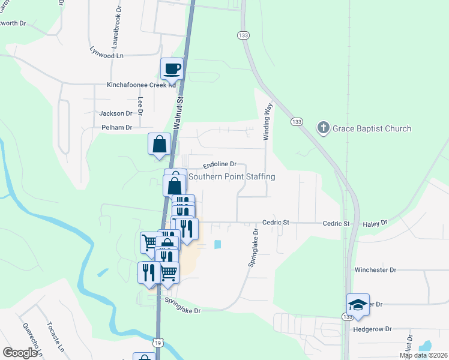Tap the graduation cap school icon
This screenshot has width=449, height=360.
click(358, 305)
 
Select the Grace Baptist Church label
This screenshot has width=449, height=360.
click(373, 128)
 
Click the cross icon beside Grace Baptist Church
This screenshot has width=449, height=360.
click(324, 128)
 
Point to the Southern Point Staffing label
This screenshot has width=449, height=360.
click(232, 177)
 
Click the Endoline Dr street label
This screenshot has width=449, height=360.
click(220, 164)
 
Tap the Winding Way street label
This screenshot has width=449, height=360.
click(269, 122)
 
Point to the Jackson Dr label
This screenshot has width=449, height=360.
click(116, 113)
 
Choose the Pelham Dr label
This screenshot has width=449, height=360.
click(116, 127)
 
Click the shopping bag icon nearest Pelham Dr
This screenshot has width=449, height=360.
click(160, 145)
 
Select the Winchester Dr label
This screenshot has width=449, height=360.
click(376, 270)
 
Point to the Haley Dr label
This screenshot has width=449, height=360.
click(375, 223)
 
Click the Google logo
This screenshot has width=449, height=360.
click(20, 353)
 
